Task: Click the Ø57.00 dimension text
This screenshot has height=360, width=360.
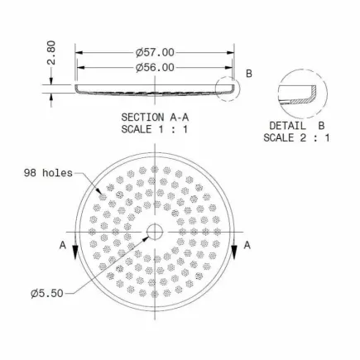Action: point(155,52)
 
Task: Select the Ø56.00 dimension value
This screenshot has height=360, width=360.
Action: point(155,68)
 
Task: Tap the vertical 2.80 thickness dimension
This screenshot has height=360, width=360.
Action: point(51,53)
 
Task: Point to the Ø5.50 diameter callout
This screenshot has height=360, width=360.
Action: point(47,293)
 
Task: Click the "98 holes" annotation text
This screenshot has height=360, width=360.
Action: point(48,173)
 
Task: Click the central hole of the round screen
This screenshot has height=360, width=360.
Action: point(155,232)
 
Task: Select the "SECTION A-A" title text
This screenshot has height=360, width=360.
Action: point(155,118)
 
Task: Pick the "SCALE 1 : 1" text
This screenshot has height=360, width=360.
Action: point(155,129)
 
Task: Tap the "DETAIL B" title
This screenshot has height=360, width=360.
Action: point(297,126)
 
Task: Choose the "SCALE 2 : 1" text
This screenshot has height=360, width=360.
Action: point(296,137)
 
